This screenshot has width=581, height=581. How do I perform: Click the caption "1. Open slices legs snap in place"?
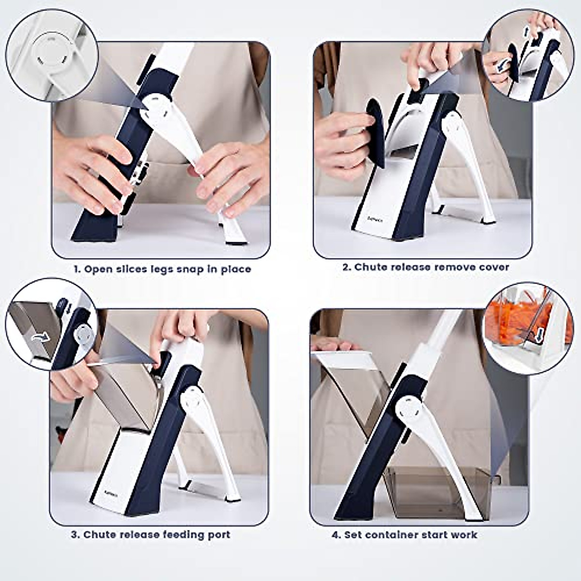click(x=162, y=269)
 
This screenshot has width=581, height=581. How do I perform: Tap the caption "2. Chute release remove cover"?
click(x=426, y=267)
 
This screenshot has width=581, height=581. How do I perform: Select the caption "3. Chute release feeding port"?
click(x=151, y=535)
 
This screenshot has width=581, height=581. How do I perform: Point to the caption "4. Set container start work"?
click(x=404, y=535)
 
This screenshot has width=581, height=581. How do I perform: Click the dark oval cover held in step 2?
click(x=375, y=131)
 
